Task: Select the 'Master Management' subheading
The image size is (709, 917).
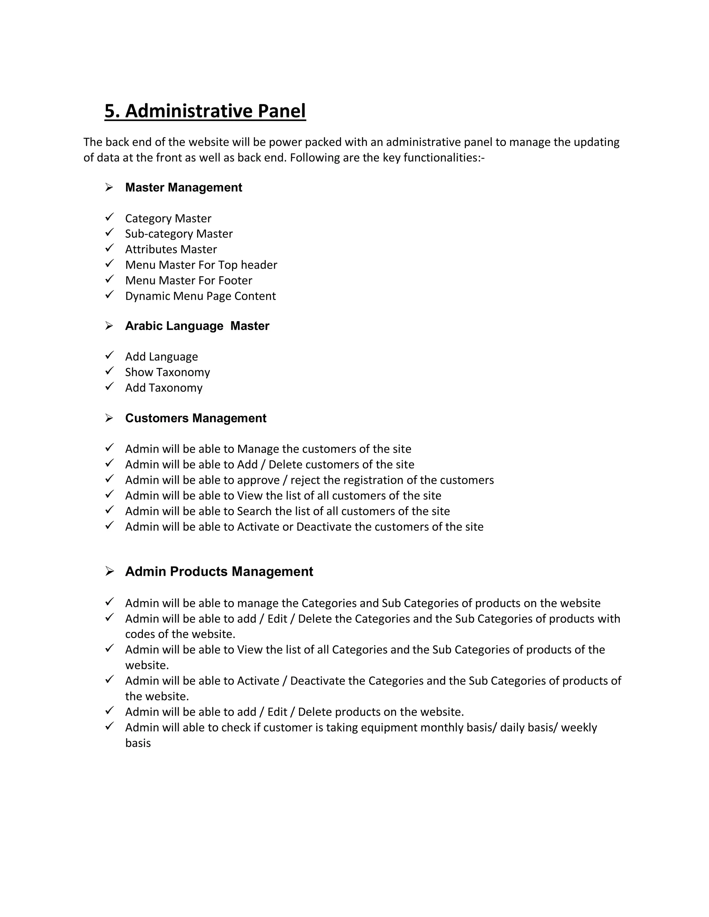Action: point(183,187)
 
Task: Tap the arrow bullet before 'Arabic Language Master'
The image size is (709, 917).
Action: point(109,326)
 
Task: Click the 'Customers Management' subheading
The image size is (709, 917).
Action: point(195,418)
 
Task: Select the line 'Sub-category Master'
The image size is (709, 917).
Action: point(179,234)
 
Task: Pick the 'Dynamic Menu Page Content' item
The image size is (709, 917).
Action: point(200,296)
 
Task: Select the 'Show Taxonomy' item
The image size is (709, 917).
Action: point(167,372)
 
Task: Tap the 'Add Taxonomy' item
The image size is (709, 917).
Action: point(163,388)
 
